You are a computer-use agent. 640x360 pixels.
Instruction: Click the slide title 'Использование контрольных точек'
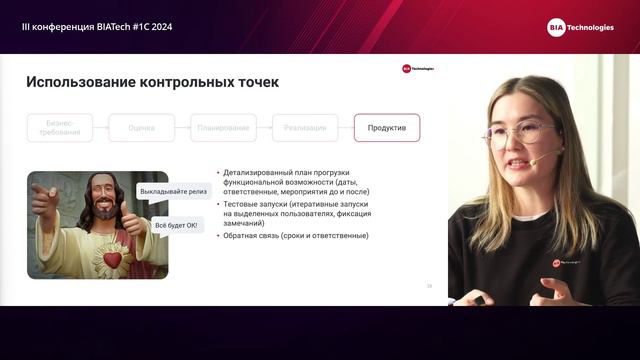(x=152, y=82)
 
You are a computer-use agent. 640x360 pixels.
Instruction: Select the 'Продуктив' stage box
(x=387, y=128)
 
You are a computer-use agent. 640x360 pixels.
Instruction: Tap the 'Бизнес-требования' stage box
(x=59, y=128)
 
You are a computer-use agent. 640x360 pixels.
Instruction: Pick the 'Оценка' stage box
(x=141, y=128)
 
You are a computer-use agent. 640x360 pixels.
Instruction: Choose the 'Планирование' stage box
(x=223, y=128)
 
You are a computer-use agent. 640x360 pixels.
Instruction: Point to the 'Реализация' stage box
(x=305, y=128)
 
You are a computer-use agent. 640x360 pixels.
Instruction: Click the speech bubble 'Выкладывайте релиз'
(x=174, y=191)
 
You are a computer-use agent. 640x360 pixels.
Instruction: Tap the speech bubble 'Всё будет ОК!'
(x=176, y=225)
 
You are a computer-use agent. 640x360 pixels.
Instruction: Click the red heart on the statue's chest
(x=112, y=260)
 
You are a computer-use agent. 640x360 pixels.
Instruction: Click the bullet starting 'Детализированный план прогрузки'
(x=290, y=184)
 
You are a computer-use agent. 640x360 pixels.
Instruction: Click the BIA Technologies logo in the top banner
(x=580, y=27)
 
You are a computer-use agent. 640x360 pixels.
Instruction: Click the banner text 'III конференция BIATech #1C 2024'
(x=97, y=27)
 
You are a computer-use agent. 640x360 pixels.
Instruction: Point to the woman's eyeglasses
(x=518, y=133)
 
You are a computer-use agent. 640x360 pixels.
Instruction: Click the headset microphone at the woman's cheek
(x=535, y=161)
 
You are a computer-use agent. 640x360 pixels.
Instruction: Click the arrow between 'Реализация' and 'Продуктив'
(x=345, y=128)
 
